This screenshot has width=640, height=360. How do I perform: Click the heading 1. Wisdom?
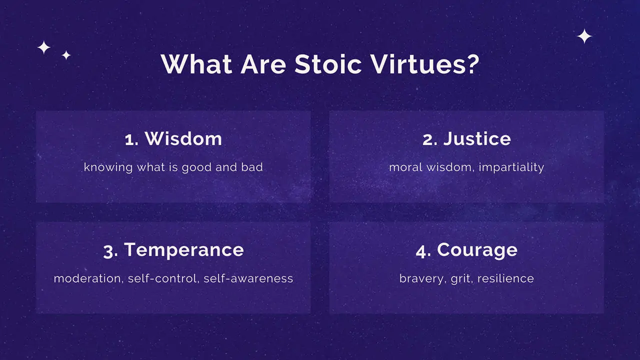[173, 138]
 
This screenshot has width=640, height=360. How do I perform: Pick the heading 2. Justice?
[466, 138]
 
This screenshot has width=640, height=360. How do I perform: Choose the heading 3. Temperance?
[173, 249]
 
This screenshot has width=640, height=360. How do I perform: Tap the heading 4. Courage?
[466, 249]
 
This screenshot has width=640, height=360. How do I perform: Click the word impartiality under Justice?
[511, 167]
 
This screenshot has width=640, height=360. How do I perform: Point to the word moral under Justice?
[405, 167]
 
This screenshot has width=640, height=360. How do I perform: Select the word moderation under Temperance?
[87, 278]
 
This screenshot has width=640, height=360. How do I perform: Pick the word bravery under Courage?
[420, 278]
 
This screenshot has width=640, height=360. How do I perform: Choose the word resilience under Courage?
[505, 278]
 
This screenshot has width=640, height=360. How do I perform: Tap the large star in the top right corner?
[584, 36]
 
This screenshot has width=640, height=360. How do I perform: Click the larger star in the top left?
[44, 47]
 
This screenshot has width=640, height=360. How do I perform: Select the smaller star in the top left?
[66, 55]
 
